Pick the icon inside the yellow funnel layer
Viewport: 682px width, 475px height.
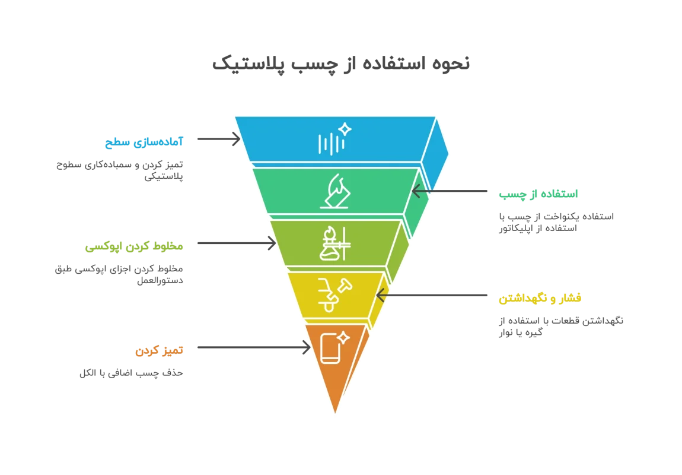[333, 294]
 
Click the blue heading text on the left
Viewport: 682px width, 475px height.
[145, 141]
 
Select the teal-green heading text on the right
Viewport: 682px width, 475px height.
[538, 194]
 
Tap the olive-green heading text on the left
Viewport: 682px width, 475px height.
[133, 246]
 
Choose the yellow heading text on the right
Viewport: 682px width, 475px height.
[540, 298]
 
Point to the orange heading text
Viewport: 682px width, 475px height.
[159, 350]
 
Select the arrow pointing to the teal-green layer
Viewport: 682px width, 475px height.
[450, 192]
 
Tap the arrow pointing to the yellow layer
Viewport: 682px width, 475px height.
[432, 294]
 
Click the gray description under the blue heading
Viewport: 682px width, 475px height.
[119, 170]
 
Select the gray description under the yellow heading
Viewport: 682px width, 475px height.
[561, 327]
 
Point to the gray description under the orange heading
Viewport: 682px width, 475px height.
[130, 375]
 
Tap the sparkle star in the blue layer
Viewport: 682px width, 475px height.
[345, 129]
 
